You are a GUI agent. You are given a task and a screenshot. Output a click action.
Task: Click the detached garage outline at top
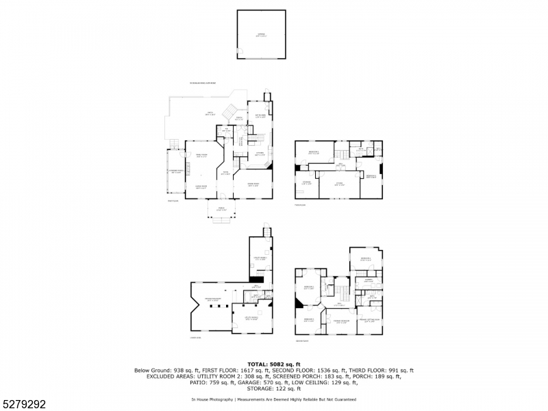coord(261,34)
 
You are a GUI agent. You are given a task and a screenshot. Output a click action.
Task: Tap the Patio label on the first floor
coord(211,114)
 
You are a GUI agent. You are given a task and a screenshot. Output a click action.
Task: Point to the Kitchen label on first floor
coord(260,155)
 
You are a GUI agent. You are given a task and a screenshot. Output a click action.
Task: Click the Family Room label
coord(201,155)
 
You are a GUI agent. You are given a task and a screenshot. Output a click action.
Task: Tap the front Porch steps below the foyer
coord(222,221)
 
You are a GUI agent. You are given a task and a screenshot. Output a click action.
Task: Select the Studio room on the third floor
coord(339,183)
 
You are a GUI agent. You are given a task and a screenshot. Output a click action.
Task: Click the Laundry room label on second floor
coord(367,280)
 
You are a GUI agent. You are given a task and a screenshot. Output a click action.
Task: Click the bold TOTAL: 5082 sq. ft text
coord(274,364)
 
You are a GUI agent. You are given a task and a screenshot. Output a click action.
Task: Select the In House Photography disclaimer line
coord(274,399)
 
